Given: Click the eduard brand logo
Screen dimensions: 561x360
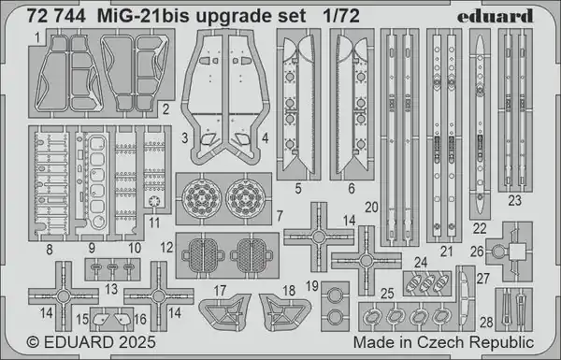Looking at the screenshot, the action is [496, 16].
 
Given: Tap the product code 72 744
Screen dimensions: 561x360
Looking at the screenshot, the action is [56, 16].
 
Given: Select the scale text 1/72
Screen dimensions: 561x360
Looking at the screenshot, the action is [341, 16].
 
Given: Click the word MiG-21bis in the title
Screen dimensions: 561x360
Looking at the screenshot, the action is [143, 17].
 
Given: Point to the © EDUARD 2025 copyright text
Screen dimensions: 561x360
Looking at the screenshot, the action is [91, 342].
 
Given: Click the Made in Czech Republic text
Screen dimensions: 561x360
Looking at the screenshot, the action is [443, 342].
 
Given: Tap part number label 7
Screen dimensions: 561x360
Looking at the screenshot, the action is [280, 216].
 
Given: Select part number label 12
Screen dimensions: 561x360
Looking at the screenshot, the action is [166, 248].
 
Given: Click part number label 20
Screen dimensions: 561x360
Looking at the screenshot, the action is [372, 208].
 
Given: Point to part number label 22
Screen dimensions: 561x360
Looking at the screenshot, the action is [480, 228].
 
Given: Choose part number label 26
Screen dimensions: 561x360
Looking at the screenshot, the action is [477, 252].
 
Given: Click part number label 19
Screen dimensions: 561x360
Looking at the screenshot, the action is [312, 286].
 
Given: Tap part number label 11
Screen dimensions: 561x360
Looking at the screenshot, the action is [154, 223].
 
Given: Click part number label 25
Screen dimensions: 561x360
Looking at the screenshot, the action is [387, 294].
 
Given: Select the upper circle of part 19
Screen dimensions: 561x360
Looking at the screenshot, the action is [336, 295].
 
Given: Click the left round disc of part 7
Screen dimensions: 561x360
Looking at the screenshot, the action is [202, 198].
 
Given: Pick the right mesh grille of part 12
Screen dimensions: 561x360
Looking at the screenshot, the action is [252, 254].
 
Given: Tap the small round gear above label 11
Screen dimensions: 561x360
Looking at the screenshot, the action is [154, 201].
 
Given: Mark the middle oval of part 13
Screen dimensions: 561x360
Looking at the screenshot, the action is [112, 266].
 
